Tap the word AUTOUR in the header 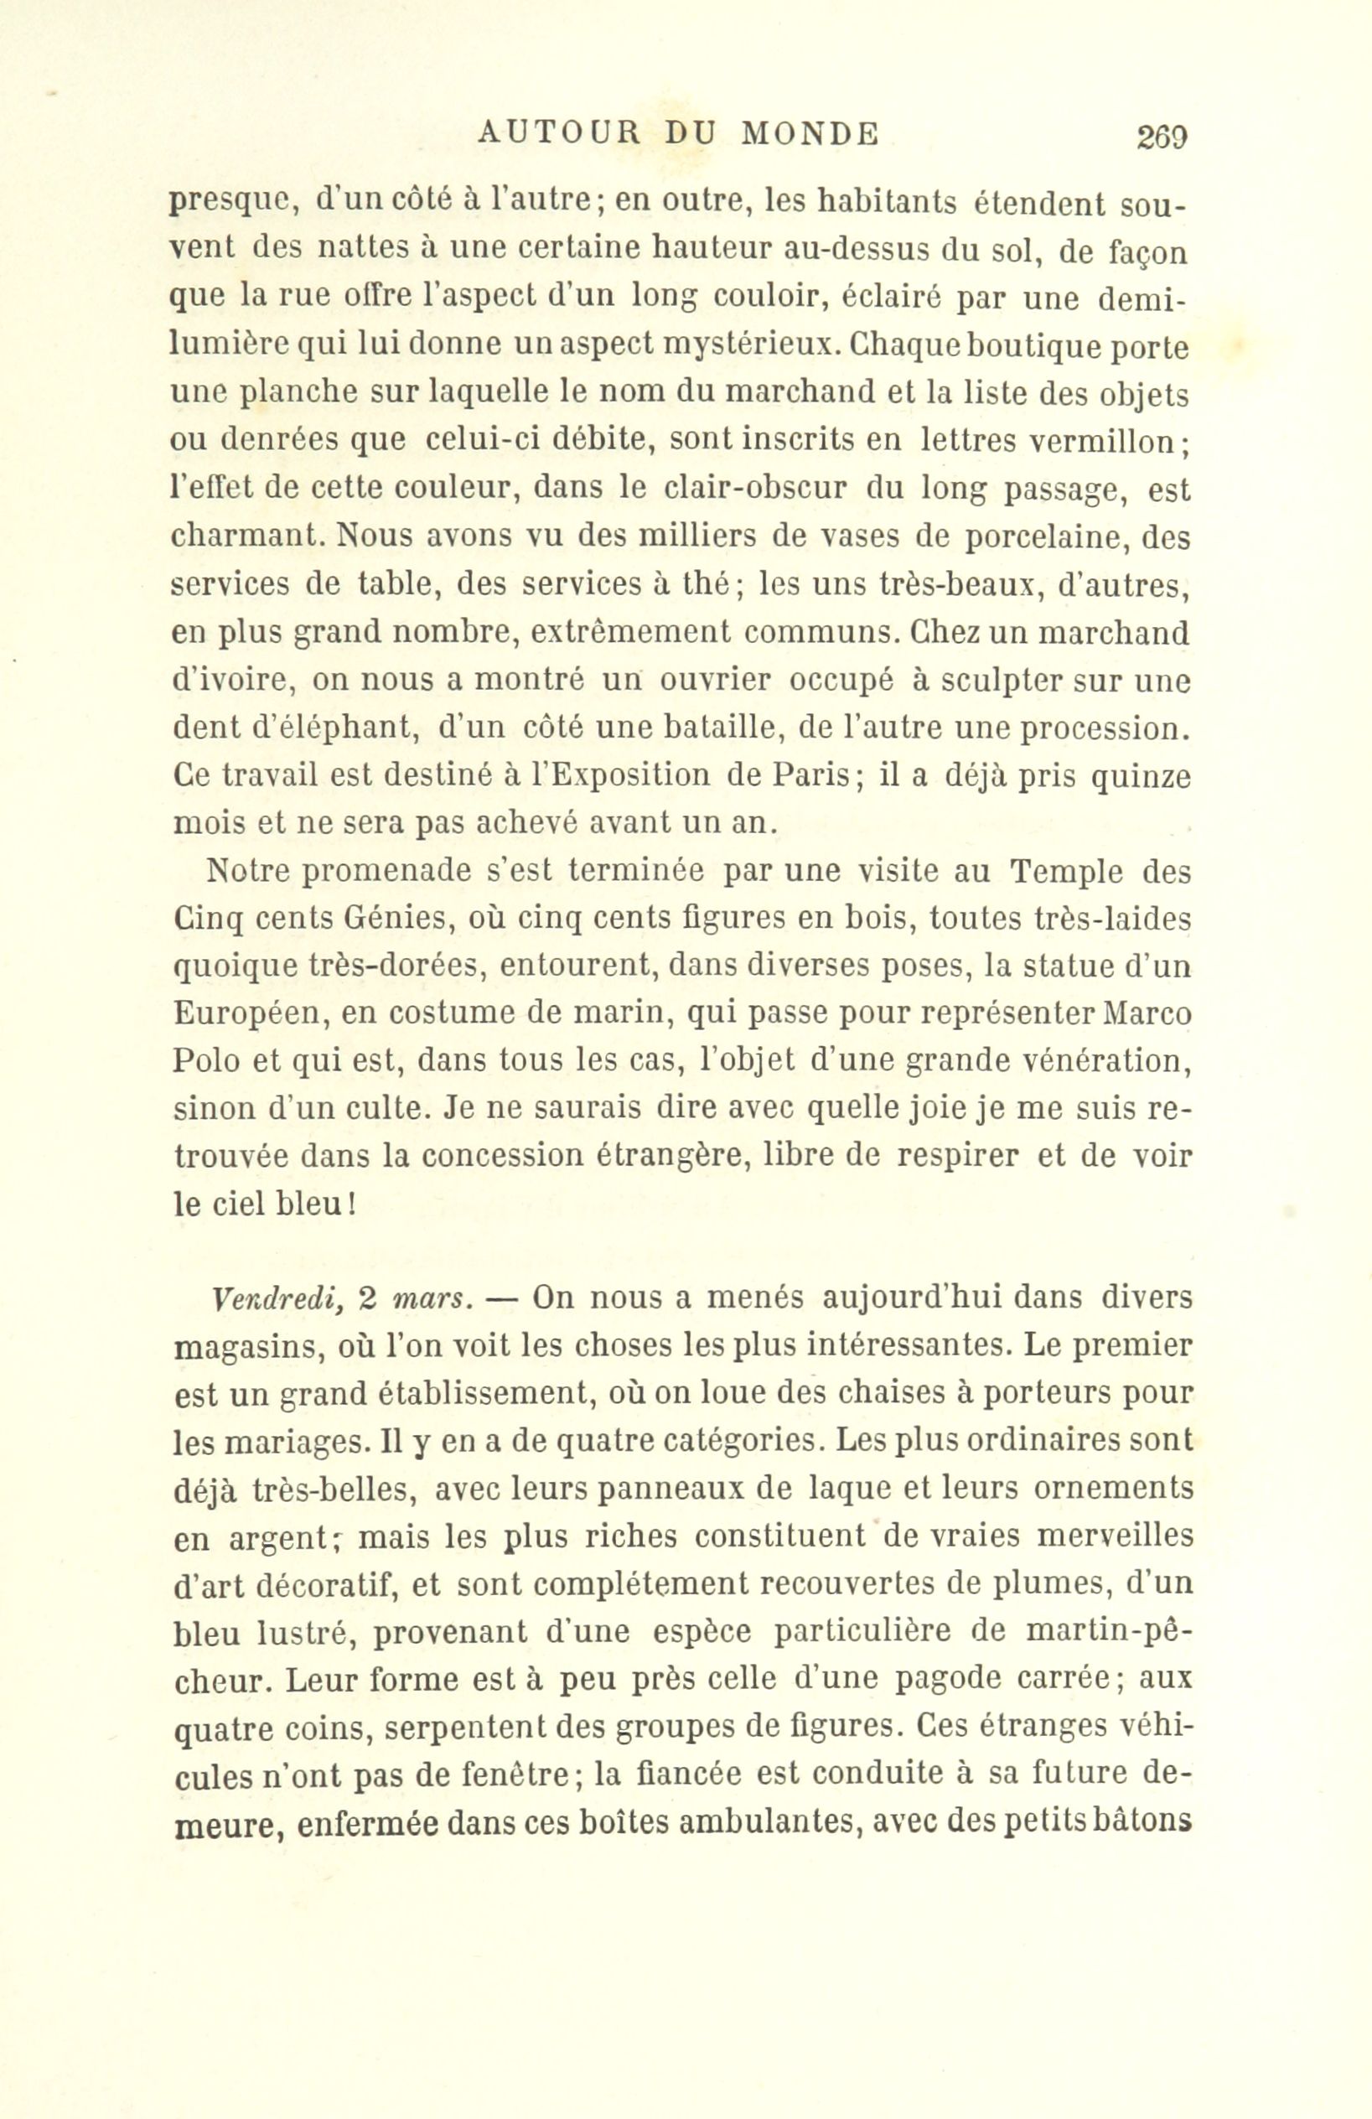(x=559, y=133)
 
